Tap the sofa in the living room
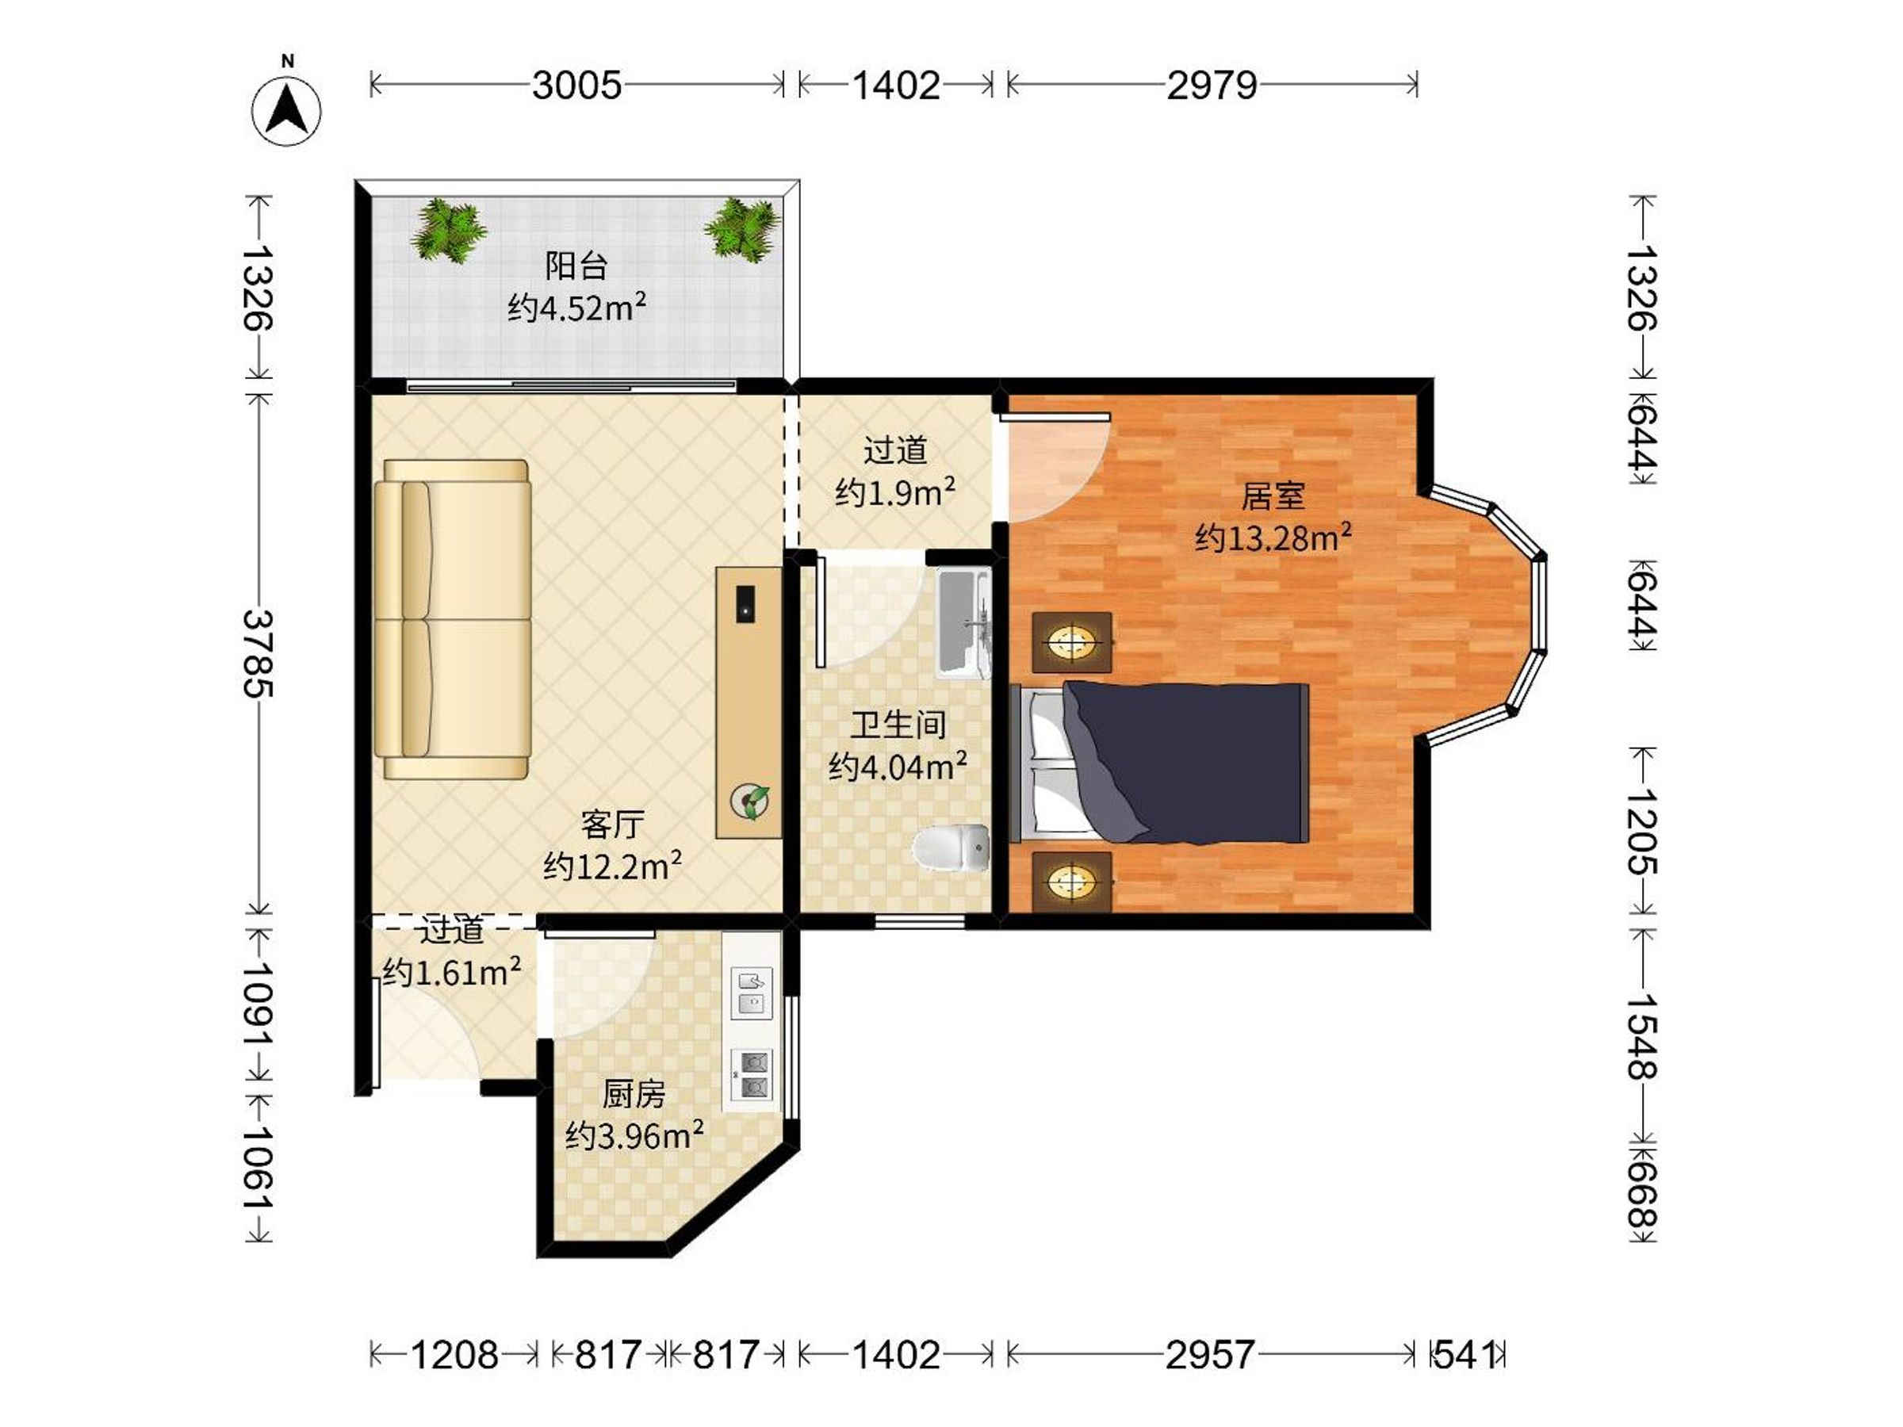[453, 619]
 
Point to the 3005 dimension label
[576, 85]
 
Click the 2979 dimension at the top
[1212, 85]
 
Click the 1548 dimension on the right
[1641, 1035]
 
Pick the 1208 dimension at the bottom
[454, 1355]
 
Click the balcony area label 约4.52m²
[576, 306]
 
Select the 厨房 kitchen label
[634, 1094]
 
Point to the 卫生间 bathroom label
[898, 725]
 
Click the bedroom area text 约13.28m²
[1273, 537]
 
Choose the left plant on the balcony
[447, 230]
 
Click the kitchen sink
[752, 992]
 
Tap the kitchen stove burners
[752, 1075]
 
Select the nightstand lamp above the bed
[1072, 641]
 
